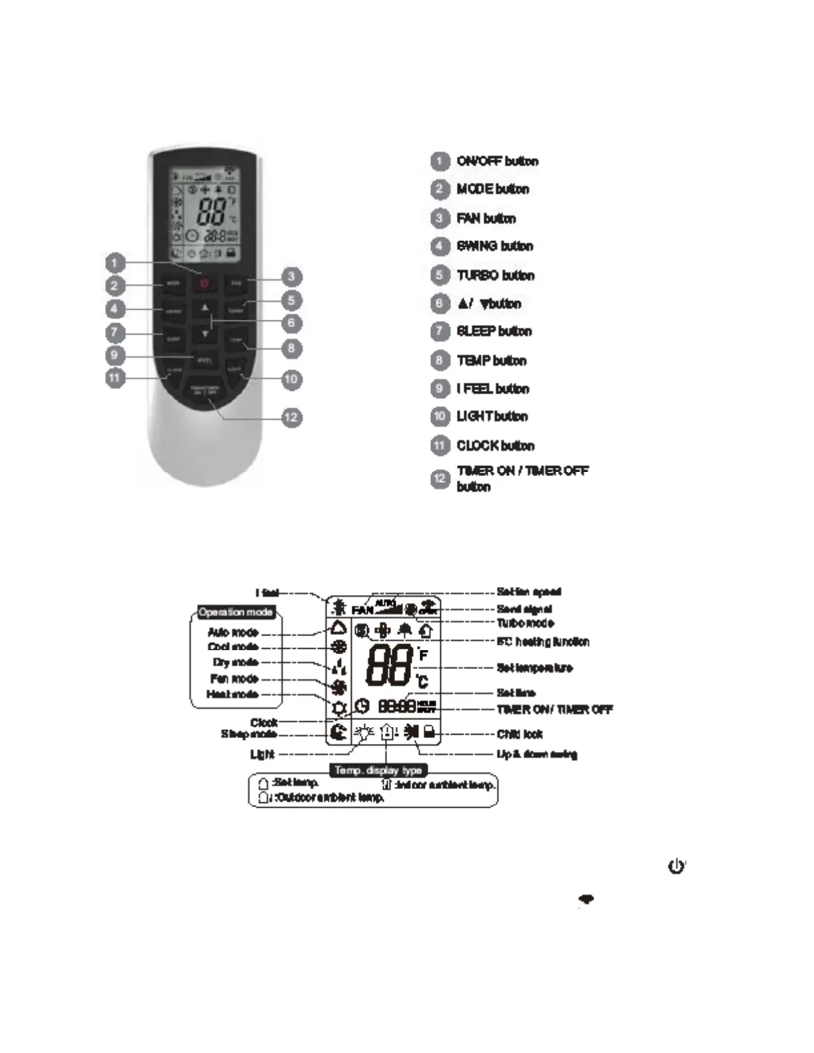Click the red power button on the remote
(205, 284)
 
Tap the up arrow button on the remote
(205, 308)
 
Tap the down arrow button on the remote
(205, 333)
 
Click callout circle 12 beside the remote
(291, 417)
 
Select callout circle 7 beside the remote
(114, 332)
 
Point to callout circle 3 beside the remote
(291, 277)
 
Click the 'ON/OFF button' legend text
(497, 162)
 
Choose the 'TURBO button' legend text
(495, 275)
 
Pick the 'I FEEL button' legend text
(492, 389)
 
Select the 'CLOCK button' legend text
(495, 445)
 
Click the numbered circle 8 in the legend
(439, 360)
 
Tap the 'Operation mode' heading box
(236, 612)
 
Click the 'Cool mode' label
(233, 647)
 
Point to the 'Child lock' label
(519, 734)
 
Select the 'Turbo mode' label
(525, 623)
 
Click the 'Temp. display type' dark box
(378, 770)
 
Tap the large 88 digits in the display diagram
(389, 665)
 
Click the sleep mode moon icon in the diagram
(338, 733)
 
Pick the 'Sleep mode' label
(249, 734)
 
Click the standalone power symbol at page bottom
(676, 866)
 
